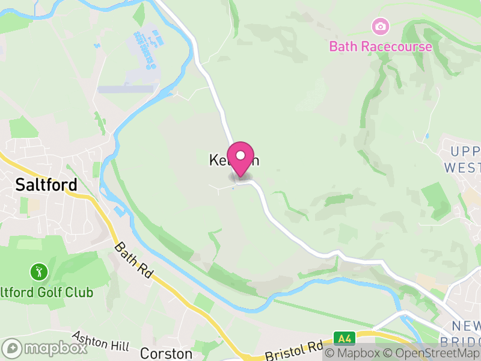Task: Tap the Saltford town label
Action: point(47,184)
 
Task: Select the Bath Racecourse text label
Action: point(380,46)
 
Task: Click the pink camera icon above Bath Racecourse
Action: point(380,26)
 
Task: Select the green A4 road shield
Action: point(342,338)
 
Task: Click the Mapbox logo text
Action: point(55,348)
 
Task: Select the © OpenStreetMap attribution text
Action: point(432,354)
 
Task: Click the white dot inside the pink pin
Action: point(240,155)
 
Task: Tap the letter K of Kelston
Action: point(213,161)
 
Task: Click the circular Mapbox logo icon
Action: point(13,348)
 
